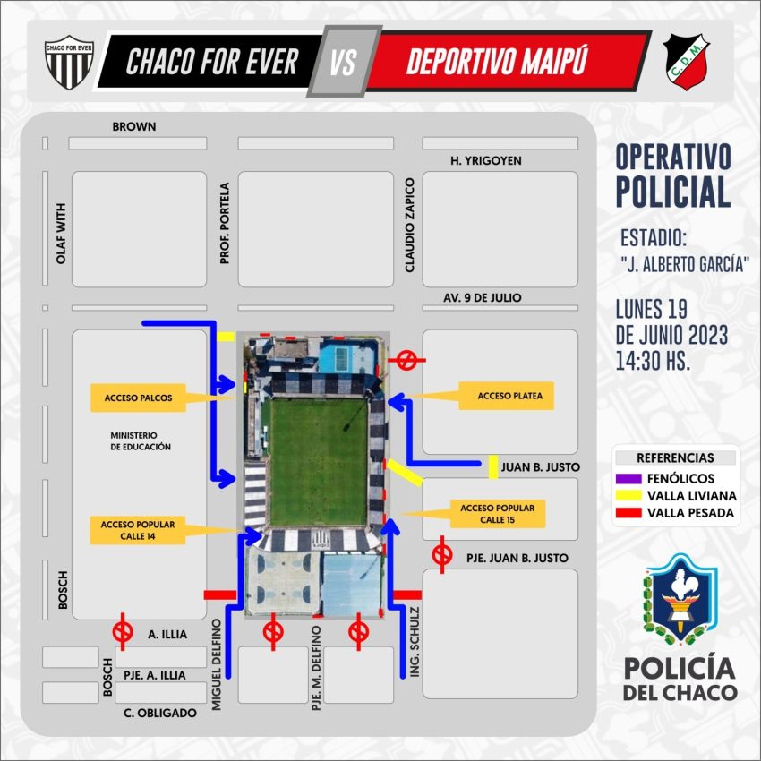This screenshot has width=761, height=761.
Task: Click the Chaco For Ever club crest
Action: click(x=69, y=62)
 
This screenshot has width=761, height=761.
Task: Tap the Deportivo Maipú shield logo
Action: click(x=686, y=62)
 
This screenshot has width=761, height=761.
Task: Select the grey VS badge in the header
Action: click(x=344, y=61)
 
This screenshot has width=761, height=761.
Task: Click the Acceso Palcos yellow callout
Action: click(x=138, y=398)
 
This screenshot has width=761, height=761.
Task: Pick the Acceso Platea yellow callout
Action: click(x=506, y=396)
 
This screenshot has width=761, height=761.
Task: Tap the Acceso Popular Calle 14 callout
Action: click(x=138, y=530)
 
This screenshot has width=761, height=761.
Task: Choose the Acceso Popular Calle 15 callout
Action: click(x=498, y=514)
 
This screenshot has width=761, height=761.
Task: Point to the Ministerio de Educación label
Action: click(x=141, y=441)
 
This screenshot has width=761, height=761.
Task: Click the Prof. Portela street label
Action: click(x=224, y=223)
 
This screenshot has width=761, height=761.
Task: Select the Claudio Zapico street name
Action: click(x=410, y=225)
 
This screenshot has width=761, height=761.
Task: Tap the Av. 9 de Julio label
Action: click(x=483, y=297)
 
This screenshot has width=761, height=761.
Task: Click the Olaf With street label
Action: click(x=61, y=234)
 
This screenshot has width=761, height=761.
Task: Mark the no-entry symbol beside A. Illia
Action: click(x=123, y=632)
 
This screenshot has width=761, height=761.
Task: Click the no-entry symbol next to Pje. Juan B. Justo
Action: click(x=442, y=555)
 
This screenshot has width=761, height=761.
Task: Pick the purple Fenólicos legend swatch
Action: click(x=628, y=479)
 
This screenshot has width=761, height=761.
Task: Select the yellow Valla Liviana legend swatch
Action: click(x=628, y=495)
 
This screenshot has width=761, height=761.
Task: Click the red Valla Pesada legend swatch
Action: click(x=628, y=512)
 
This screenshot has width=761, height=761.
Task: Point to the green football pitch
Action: click(x=319, y=462)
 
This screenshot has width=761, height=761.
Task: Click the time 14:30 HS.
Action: click(x=653, y=361)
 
